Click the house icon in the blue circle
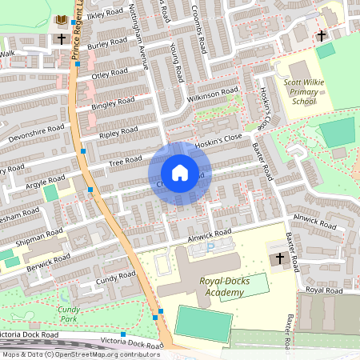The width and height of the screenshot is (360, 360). [x=179, y=173]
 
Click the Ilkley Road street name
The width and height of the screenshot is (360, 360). [x=106, y=14]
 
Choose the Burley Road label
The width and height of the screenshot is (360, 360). [x=108, y=43]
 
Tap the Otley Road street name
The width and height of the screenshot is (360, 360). [x=110, y=74]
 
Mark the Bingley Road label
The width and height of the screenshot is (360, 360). [x=114, y=103]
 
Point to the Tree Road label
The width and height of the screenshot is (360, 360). [x=125, y=163]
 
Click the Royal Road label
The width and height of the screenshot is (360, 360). [x=323, y=290]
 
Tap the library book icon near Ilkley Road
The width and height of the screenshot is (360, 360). [x=61, y=19]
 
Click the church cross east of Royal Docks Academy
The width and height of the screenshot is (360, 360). [x=279, y=258]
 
